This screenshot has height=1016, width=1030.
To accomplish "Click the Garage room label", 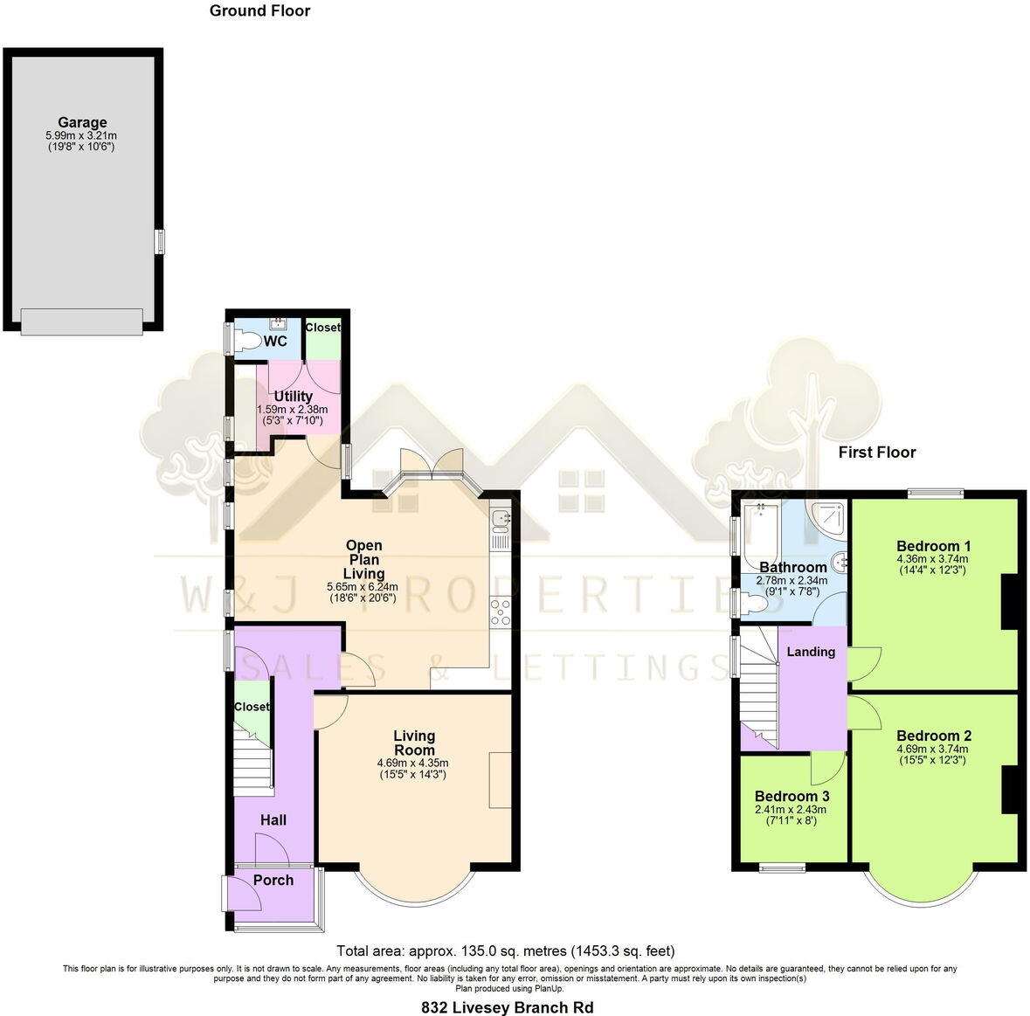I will [82, 123].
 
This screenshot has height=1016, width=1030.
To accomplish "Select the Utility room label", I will [293, 397].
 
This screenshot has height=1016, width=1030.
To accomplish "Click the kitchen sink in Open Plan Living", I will [501, 521].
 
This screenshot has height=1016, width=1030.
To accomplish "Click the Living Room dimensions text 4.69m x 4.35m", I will [413, 763].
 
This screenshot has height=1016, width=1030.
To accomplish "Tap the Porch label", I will [273, 880].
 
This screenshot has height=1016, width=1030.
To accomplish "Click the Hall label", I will [273, 819].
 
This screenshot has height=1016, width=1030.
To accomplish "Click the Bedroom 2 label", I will [933, 736].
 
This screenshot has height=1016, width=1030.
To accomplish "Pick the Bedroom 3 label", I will [792, 796].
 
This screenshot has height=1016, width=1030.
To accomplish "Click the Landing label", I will [811, 652].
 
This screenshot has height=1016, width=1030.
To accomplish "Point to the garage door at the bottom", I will [82, 321].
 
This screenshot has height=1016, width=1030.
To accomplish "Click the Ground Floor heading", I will [259, 11].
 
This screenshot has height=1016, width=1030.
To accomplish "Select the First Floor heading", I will [876, 452].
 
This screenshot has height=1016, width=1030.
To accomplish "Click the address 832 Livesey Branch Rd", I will [507, 1007].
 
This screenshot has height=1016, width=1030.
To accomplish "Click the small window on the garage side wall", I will [159, 242].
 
